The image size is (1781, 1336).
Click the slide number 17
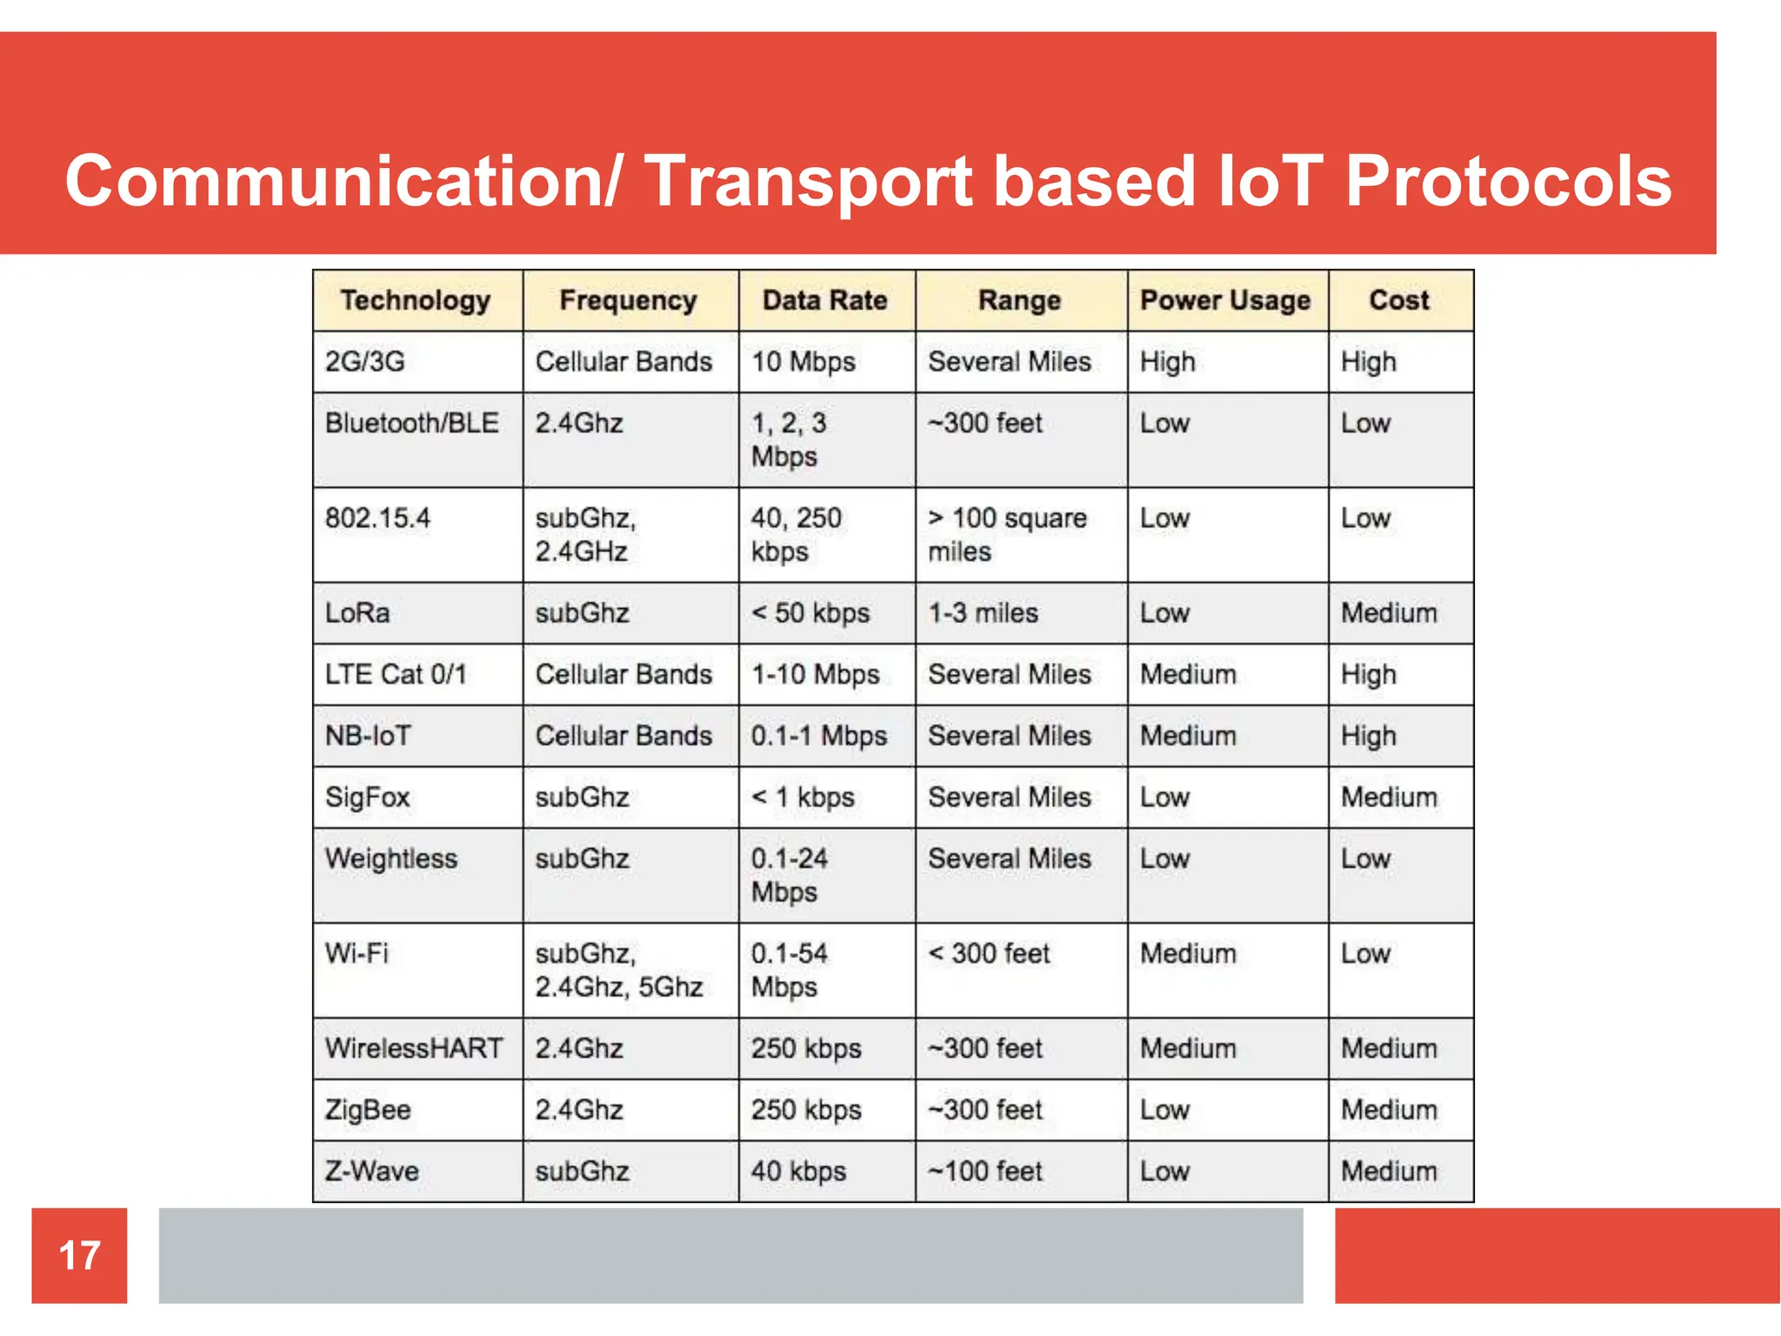79,1255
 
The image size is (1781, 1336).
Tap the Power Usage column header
1224,300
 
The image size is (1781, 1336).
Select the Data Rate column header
824,300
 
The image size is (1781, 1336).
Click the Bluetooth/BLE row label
411,424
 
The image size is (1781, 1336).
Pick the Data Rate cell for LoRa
810,613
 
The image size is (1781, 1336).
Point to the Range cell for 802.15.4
1007,534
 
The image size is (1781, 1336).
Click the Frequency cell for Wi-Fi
618,970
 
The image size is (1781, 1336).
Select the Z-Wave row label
371,1171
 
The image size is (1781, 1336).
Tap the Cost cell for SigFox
1389,797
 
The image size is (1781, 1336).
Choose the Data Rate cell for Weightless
789,875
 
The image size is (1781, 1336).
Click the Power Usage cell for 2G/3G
1167,362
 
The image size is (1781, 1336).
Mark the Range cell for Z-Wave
984,1171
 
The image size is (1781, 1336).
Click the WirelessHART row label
414,1048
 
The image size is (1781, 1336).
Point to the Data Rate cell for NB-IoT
818,736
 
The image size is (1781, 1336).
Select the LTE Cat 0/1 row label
396,674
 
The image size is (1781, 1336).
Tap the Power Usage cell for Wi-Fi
1188,953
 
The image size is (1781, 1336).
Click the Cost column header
1398,300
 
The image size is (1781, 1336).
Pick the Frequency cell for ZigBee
579,1110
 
